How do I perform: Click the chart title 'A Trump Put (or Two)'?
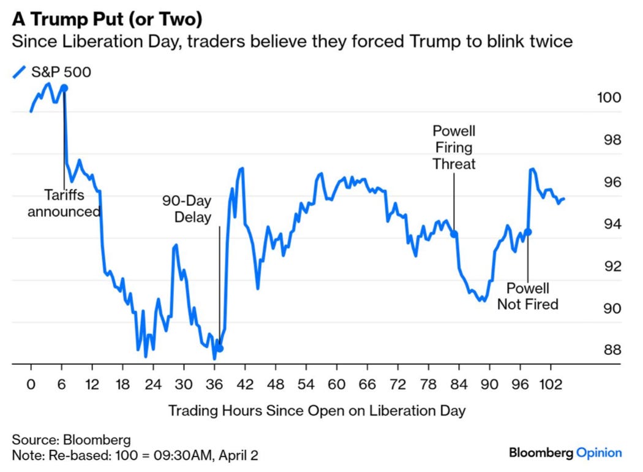(107, 20)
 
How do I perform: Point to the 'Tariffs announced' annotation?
(64, 204)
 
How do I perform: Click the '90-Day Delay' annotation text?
(186, 209)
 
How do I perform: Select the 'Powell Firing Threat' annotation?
(454, 148)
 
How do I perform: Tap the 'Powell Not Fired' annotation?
(527, 296)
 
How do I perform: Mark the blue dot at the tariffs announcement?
(64, 88)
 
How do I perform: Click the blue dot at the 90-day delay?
(220, 349)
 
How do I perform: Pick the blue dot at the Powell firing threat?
(454, 234)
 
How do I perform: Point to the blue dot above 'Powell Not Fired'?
(528, 232)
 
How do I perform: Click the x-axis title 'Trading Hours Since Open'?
(317, 411)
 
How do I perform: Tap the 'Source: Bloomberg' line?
(71, 440)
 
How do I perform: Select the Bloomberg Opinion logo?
(565, 453)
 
